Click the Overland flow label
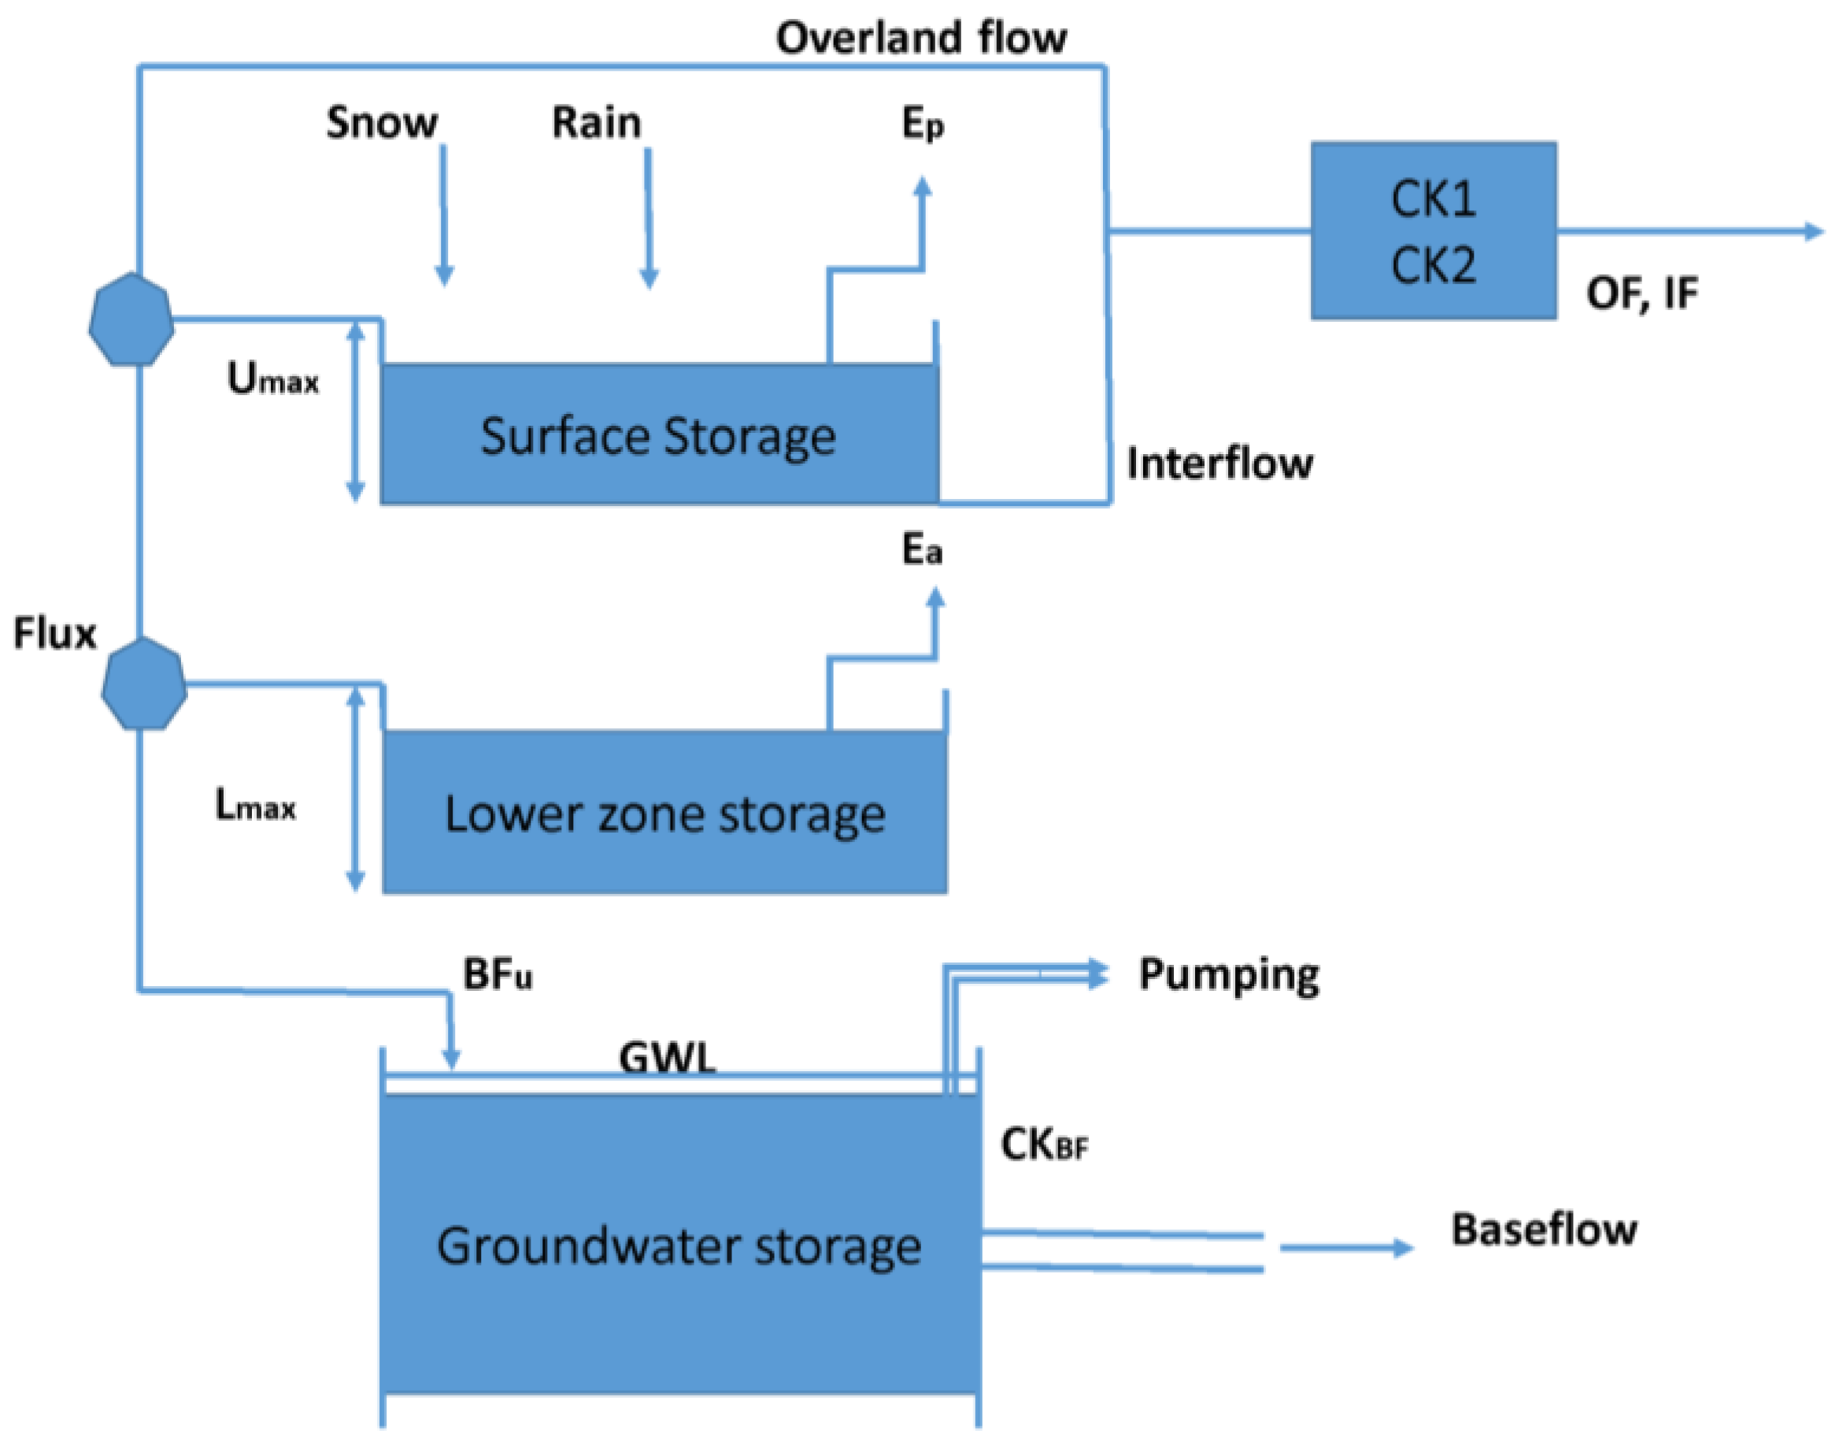[x=920, y=38]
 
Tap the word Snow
[x=382, y=123]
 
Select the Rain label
[x=597, y=123]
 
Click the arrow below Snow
[x=443, y=216]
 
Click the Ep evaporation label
[x=923, y=125]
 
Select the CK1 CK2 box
[x=1433, y=231]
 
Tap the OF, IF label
[x=1641, y=294]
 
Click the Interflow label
[x=1219, y=464]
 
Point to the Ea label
[x=921, y=550]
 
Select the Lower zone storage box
[x=664, y=812]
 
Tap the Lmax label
[x=255, y=804]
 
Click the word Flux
[x=55, y=633]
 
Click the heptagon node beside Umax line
[x=131, y=319]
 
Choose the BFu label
[x=497, y=974]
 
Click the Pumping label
[x=1228, y=974]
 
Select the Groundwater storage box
[x=679, y=1244]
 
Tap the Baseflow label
[x=1544, y=1229]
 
